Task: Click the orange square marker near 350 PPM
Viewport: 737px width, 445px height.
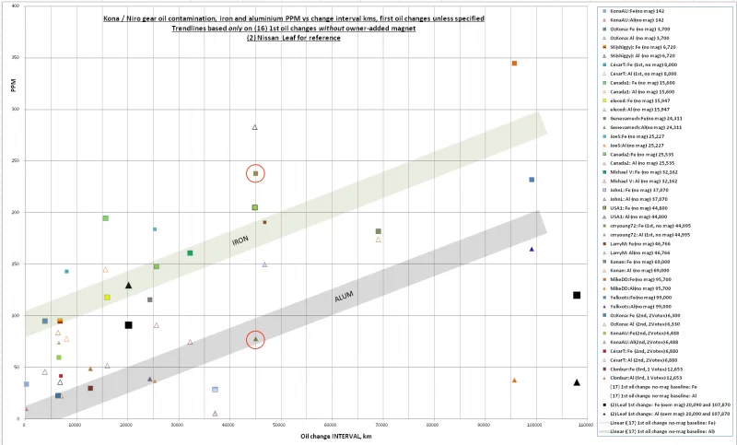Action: click(514, 64)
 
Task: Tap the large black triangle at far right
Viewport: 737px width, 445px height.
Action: click(577, 382)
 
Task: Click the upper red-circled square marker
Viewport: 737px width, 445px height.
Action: click(255, 173)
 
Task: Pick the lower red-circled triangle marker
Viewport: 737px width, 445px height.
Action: click(255, 340)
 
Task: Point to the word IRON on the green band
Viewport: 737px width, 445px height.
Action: click(240, 240)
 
